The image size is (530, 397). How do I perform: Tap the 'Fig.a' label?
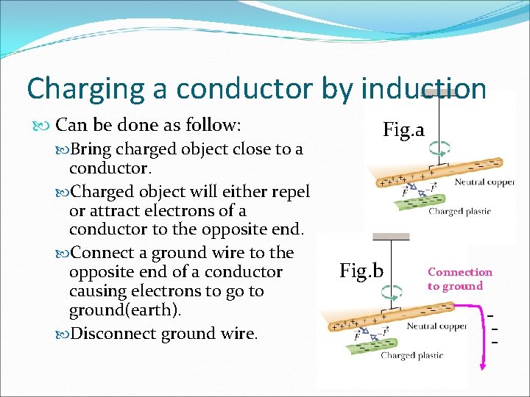[x=403, y=130]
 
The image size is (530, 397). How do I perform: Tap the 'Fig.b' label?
[x=361, y=271]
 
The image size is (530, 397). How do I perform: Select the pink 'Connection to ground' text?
[x=459, y=279]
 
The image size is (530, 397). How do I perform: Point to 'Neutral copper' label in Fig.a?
[x=484, y=182]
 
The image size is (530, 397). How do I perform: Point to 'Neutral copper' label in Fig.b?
[x=437, y=326]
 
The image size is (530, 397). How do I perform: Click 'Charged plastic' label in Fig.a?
[x=459, y=212]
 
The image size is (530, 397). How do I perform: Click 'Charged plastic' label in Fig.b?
[x=411, y=356]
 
